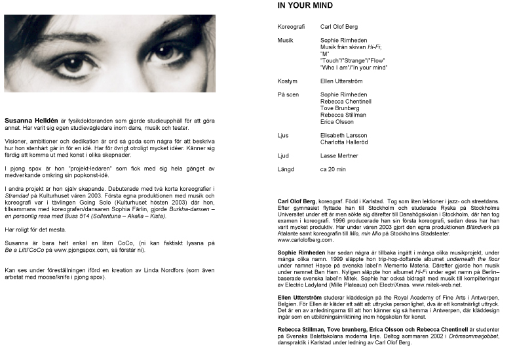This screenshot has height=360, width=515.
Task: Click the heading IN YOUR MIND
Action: pyautogui.click(x=305, y=6)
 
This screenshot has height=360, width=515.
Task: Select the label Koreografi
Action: pyautogui.click(x=292, y=28)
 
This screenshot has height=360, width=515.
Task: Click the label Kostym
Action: pyautogui.click(x=288, y=81)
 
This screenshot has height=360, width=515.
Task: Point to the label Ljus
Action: pyautogui.click(x=284, y=135)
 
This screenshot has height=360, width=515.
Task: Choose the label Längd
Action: pyautogui.click(x=287, y=169)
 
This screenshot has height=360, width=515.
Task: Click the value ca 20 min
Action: pyautogui.click(x=333, y=169)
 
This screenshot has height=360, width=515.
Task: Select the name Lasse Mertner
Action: pyautogui.click(x=337, y=155)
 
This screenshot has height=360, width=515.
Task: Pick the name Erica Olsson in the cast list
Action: pyautogui.click(x=337, y=122)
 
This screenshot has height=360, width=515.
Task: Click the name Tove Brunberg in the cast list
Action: pyautogui.click(x=340, y=108)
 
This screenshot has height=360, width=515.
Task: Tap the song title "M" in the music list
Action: pyautogui.click(x=324, y=54)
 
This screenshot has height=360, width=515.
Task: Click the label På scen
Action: pyautogui.click(x=289, y=95)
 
